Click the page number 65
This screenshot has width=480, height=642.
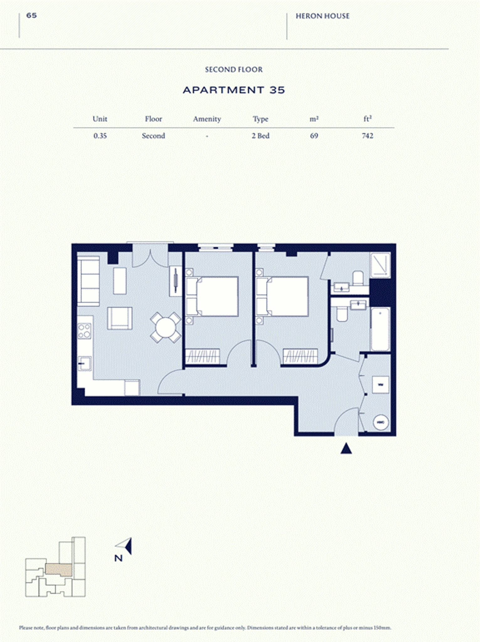pos(31,15)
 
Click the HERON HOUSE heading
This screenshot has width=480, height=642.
pos(322,16)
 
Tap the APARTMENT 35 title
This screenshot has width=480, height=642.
pos(234,90)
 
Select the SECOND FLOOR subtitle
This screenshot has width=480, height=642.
pos(234,70)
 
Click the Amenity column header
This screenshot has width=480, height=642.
pos(207,119)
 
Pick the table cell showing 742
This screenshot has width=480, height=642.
pos(367,136)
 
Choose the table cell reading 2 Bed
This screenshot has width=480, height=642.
pos(260,136)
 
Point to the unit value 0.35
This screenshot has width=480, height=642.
pos(100,136)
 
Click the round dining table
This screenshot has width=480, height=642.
pos(166,328)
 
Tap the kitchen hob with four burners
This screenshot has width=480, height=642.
pos(85,331)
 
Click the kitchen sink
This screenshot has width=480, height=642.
pos(84,364)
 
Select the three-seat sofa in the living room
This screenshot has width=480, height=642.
pos(89,281)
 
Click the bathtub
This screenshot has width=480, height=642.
pos(380,329)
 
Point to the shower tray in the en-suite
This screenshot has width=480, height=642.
pos(380,265)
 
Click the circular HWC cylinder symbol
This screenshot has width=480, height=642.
pos(381,422)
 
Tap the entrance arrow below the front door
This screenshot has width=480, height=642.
pos(346,449)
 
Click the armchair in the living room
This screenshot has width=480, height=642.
pos(120,318)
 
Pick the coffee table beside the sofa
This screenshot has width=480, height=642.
pos(120,281)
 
